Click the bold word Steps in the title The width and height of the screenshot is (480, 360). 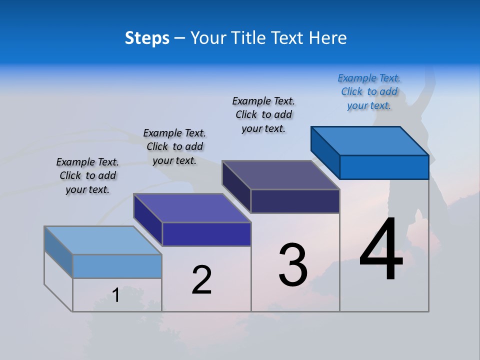[147, 38]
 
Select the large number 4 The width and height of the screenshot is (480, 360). [381, 250]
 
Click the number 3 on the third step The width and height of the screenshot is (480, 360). [293, 265]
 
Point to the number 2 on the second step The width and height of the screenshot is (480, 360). [202, 280]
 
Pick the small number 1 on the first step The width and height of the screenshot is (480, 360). [116, 295]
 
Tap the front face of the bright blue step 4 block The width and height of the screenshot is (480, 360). [384, 167]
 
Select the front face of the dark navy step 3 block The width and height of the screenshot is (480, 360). [295, 201]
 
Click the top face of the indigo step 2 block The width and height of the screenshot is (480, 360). [192, 208]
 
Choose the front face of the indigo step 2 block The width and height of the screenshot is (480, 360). [206, 234]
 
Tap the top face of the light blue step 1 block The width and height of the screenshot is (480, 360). [103, 240]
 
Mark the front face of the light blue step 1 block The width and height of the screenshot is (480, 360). [117, 266]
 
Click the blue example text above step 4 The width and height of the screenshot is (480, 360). [369, 92]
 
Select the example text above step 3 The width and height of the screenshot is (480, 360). [263, 115]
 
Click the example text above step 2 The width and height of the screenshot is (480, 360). [174, 146]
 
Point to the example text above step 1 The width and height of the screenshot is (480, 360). [87, 175]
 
